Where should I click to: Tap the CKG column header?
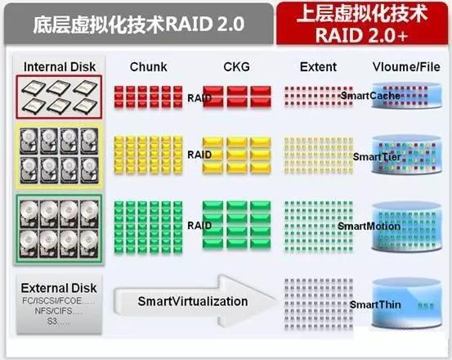click(237, 65)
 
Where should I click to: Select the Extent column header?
click(318, 65)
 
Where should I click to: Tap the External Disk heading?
click(59, 287)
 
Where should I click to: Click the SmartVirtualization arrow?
click(193, 301)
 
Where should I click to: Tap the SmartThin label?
click(375, 304)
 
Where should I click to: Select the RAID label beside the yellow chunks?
click(199, 154)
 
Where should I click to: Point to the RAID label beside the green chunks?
click(199, 225)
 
